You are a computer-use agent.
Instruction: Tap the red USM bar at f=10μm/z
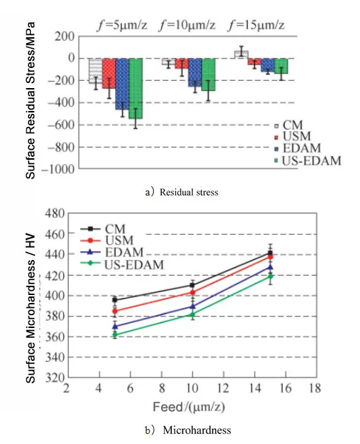point(182,63)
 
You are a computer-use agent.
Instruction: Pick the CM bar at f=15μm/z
point(241,54)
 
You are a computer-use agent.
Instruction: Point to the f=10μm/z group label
point(187,23)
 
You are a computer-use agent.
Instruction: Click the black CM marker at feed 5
point(115,300)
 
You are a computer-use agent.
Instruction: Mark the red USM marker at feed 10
point(193,292)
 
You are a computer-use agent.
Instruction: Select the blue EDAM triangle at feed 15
point(270,267)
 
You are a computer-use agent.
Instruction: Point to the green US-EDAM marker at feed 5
point(115,334)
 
